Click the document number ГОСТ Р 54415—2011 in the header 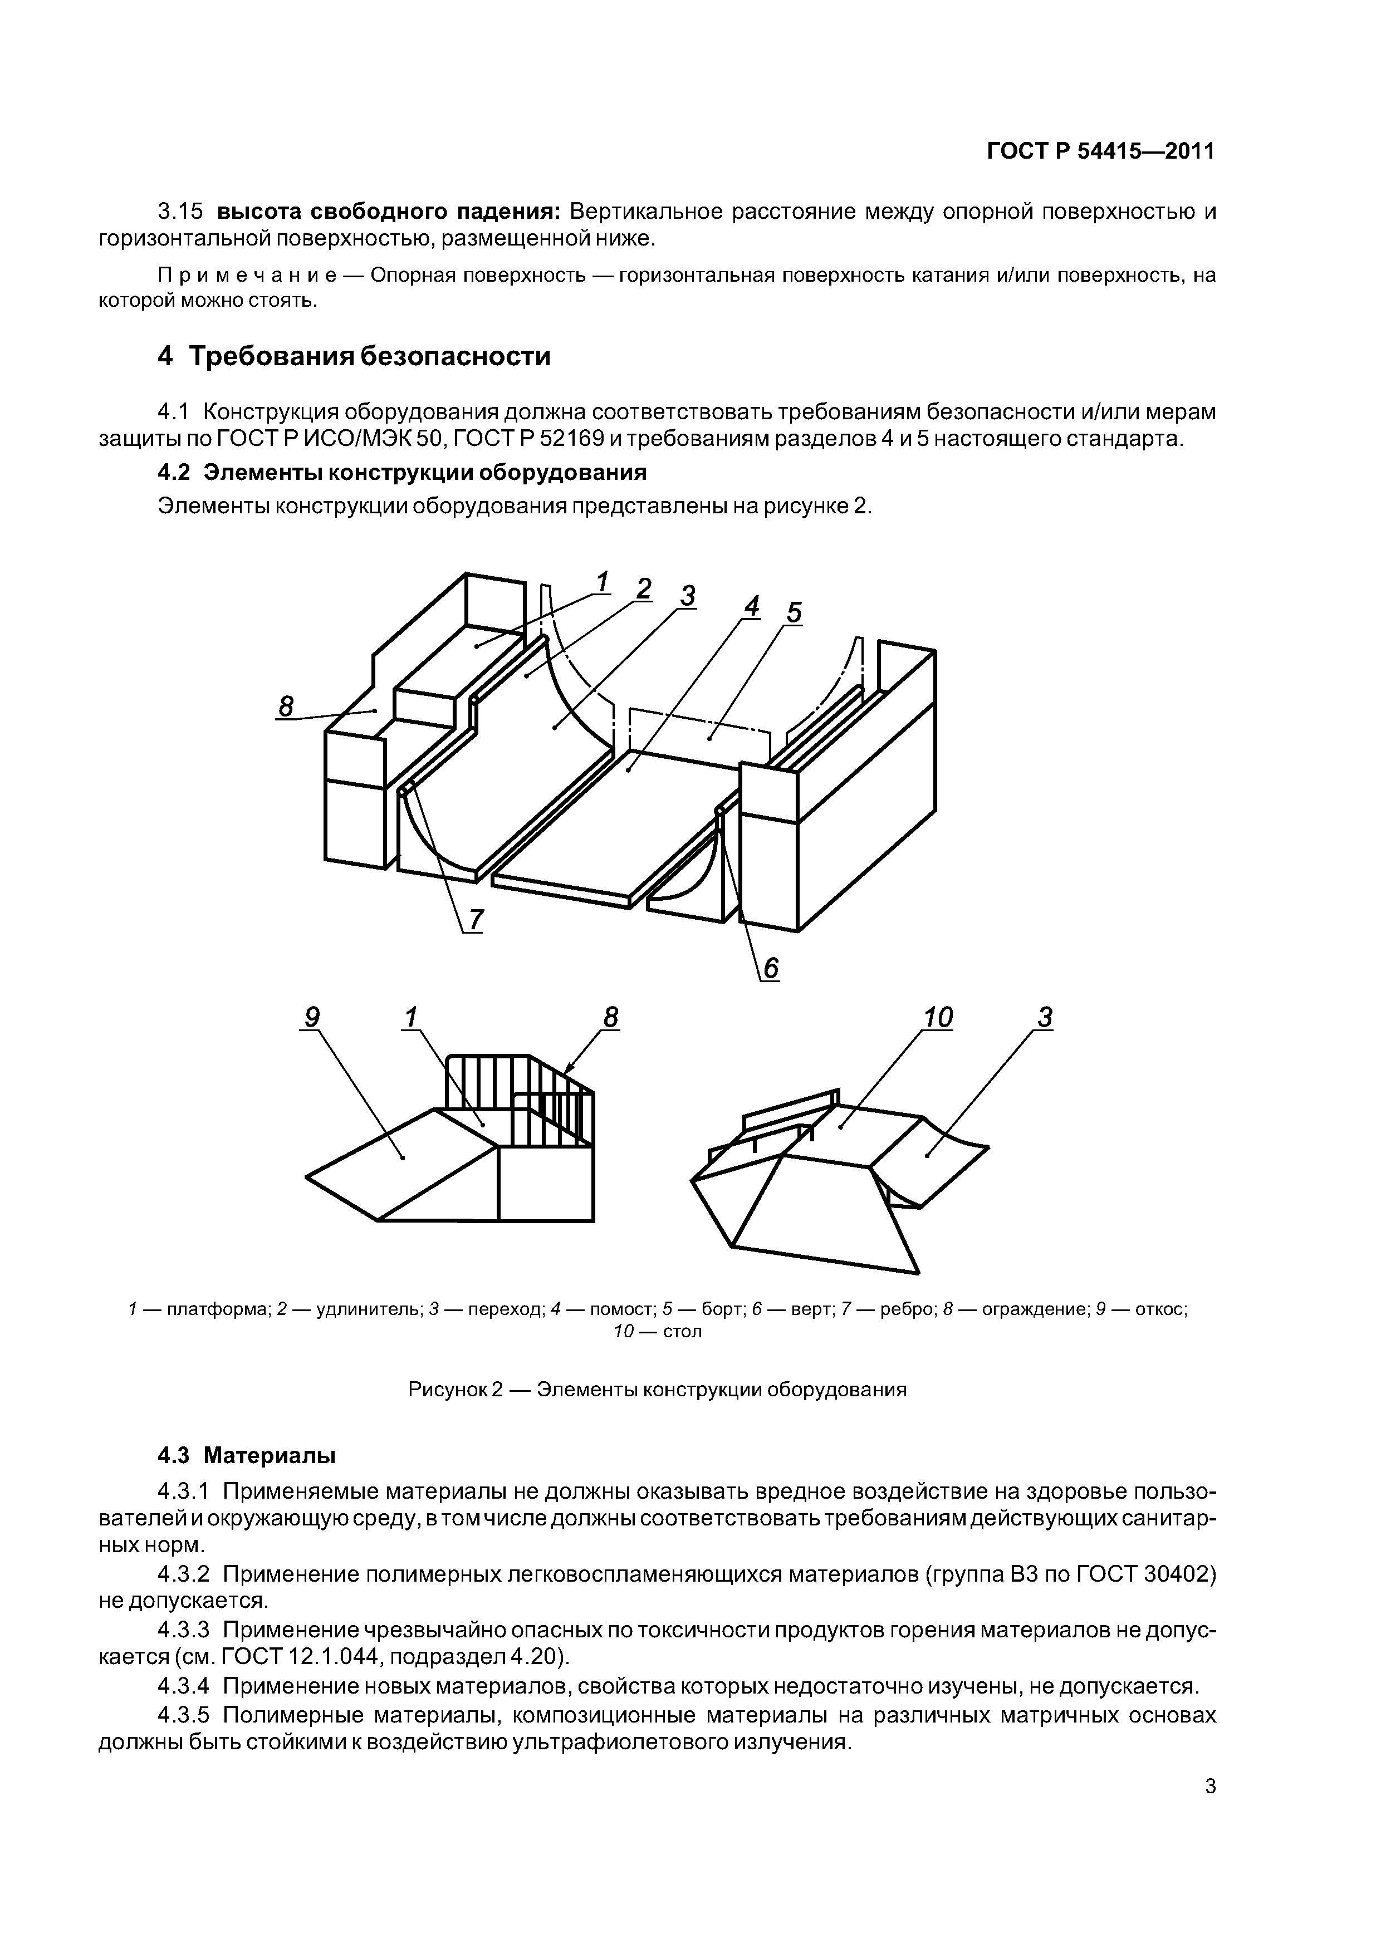(1101, 151)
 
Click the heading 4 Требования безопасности (354, 356)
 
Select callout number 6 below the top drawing (770, 968)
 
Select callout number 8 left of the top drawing (286, 706)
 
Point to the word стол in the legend (682, 1331)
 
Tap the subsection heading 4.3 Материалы (247, 1455)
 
